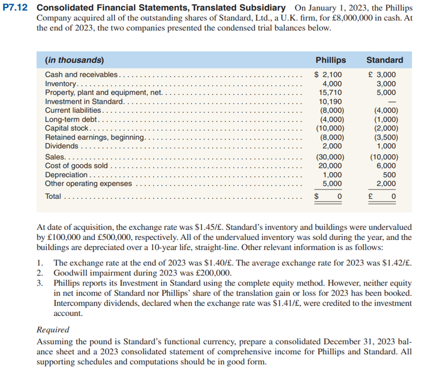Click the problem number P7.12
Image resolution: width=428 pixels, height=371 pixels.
tap(17, 8)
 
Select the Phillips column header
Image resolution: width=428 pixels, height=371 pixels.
tap(330, 60)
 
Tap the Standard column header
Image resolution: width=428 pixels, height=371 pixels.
tap(385, 60)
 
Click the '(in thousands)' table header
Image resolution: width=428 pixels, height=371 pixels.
tap(74, 60)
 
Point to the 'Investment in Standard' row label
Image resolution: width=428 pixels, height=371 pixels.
tap(84, 102)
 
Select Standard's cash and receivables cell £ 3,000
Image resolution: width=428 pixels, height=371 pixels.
tap(385, 75)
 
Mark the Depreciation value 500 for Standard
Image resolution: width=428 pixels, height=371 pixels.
tap(389, 174)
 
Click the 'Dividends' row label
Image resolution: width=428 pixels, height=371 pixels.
tap(61, 146)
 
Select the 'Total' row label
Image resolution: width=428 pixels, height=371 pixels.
tap(53, 196)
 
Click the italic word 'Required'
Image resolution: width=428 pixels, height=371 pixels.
tap(53, 329)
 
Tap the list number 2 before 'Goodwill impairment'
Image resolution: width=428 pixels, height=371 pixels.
tap(39, 273)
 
